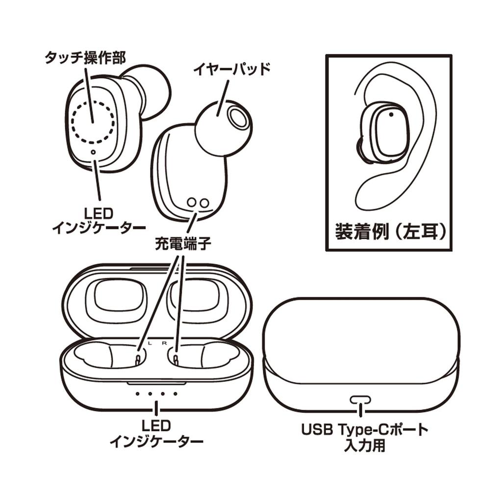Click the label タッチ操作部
(85, 58)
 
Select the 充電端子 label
(183, 244)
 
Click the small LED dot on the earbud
(94, 152)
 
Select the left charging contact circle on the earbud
(192, 202)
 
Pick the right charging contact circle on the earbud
(203, 202)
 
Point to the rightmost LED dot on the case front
(175, 394)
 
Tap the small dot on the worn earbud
(391, 115)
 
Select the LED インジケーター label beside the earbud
(99, 220)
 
